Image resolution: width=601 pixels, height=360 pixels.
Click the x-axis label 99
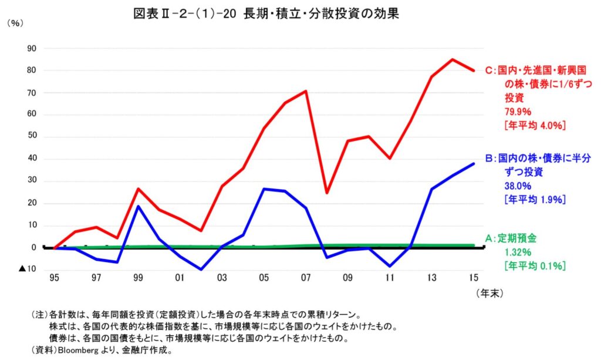137,277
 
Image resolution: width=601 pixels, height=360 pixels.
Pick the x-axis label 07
305,277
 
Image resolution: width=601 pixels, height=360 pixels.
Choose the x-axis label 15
474,277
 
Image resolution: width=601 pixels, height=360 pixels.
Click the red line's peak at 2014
453,59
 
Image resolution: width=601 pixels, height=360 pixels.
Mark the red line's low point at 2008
326,193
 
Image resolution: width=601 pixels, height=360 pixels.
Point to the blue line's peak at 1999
137,206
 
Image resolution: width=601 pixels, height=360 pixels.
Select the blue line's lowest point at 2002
201,270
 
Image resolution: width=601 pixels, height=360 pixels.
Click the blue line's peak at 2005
264,189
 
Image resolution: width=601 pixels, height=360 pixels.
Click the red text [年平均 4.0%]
535,126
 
